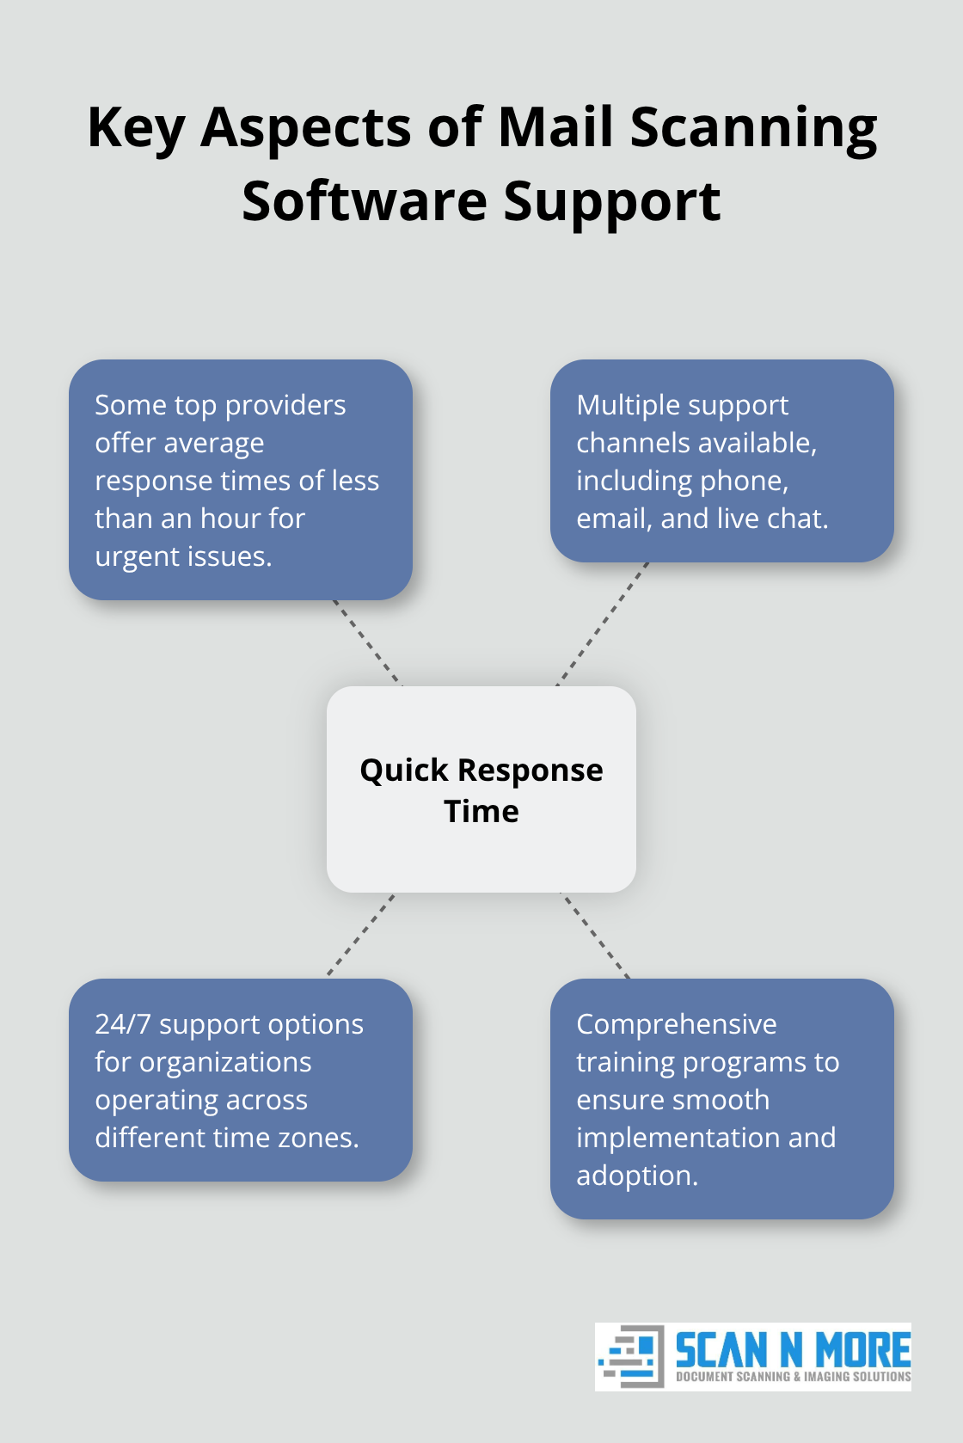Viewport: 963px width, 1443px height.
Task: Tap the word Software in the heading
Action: pos(365,201)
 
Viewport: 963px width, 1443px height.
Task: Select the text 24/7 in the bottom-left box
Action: pos(122,1024)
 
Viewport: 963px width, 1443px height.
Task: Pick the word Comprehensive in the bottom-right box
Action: pos(676,1024)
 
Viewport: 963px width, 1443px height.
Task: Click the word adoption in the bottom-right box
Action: pos(635,1176)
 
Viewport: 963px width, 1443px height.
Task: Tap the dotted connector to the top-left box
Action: pos(367,642)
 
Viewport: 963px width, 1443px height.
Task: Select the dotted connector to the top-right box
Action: pos(602,624)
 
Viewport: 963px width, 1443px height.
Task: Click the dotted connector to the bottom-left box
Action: pos(361,934)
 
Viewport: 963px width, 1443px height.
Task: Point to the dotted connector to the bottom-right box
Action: pos(595,935)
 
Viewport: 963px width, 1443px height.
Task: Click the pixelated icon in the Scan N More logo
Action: pos(631,1356)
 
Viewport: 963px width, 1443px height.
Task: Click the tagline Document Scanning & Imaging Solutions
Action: pos(792,1377)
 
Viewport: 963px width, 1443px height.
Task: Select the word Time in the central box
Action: pos(481,811)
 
